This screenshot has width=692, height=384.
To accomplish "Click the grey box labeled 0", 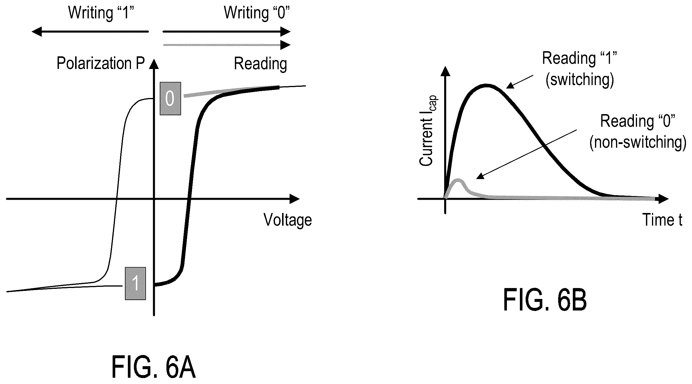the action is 170,99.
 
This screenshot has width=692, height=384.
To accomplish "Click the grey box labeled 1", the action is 135,283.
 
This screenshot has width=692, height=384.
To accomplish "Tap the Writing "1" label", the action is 101,13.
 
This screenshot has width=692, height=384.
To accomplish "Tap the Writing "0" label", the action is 257,13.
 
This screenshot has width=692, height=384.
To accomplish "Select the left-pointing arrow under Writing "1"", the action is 90,31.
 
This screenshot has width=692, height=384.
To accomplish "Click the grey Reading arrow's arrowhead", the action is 285,45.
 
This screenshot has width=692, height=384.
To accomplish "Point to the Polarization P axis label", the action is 100,63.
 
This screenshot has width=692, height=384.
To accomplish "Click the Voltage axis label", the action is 288,220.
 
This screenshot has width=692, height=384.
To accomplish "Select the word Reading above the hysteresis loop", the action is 261,64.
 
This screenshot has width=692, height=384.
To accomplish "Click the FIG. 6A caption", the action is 153,367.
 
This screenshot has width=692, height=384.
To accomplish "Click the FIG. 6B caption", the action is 545,300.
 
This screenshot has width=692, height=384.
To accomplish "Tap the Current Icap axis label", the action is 428,131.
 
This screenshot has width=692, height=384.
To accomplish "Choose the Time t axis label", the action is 662,220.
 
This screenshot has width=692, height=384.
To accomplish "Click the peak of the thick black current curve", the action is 486,85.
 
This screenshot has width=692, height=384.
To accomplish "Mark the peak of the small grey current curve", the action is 459,180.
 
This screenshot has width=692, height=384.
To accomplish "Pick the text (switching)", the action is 580,80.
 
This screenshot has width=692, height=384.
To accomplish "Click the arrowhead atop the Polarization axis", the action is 154,64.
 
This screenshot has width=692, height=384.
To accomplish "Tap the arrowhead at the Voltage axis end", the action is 294,199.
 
